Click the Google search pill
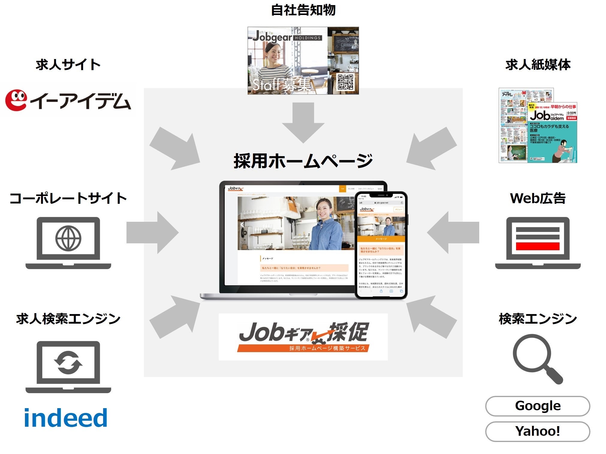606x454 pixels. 537,406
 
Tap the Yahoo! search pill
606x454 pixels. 537,431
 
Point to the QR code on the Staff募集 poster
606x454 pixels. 345,82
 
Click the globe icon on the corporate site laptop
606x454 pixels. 68,239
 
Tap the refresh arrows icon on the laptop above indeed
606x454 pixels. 68,363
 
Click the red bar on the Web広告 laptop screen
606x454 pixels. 538,246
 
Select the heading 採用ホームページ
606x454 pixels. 303,161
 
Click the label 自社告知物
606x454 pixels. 303,10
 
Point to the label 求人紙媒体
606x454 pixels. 538,65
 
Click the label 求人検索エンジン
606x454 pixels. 68,319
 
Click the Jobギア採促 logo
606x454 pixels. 303,337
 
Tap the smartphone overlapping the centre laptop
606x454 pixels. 381,245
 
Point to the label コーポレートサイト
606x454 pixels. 68,198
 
